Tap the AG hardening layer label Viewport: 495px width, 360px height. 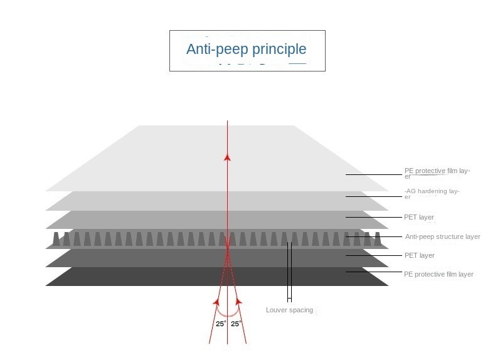tap(432, 194)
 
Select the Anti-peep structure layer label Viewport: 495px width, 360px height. tap(442, 236)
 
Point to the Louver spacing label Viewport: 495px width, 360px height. tap(289, 310)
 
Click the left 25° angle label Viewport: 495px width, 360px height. tap(221, 324)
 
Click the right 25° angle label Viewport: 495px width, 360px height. tap(235, 324)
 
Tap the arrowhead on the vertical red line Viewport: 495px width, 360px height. tap(227, 157)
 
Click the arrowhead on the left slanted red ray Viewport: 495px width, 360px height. tap(216, 302)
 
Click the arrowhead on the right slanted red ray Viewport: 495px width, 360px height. tap(238, 302)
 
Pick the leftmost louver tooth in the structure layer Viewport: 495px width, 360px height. tap(56, 239)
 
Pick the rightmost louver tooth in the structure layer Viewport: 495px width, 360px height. tap(378, 239)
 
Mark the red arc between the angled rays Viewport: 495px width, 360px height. tap(228, 315)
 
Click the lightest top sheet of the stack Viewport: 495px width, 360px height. tap(217, 158)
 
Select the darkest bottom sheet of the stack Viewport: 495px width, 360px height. tap(217, 277)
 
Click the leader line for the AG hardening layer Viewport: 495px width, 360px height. tap(374, 196)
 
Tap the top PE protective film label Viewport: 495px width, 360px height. tap(437, 173)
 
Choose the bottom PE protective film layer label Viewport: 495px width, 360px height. tap(439, 274)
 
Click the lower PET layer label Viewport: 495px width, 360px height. tap(419, 255)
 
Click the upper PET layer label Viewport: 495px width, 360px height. tap(419, 217)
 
